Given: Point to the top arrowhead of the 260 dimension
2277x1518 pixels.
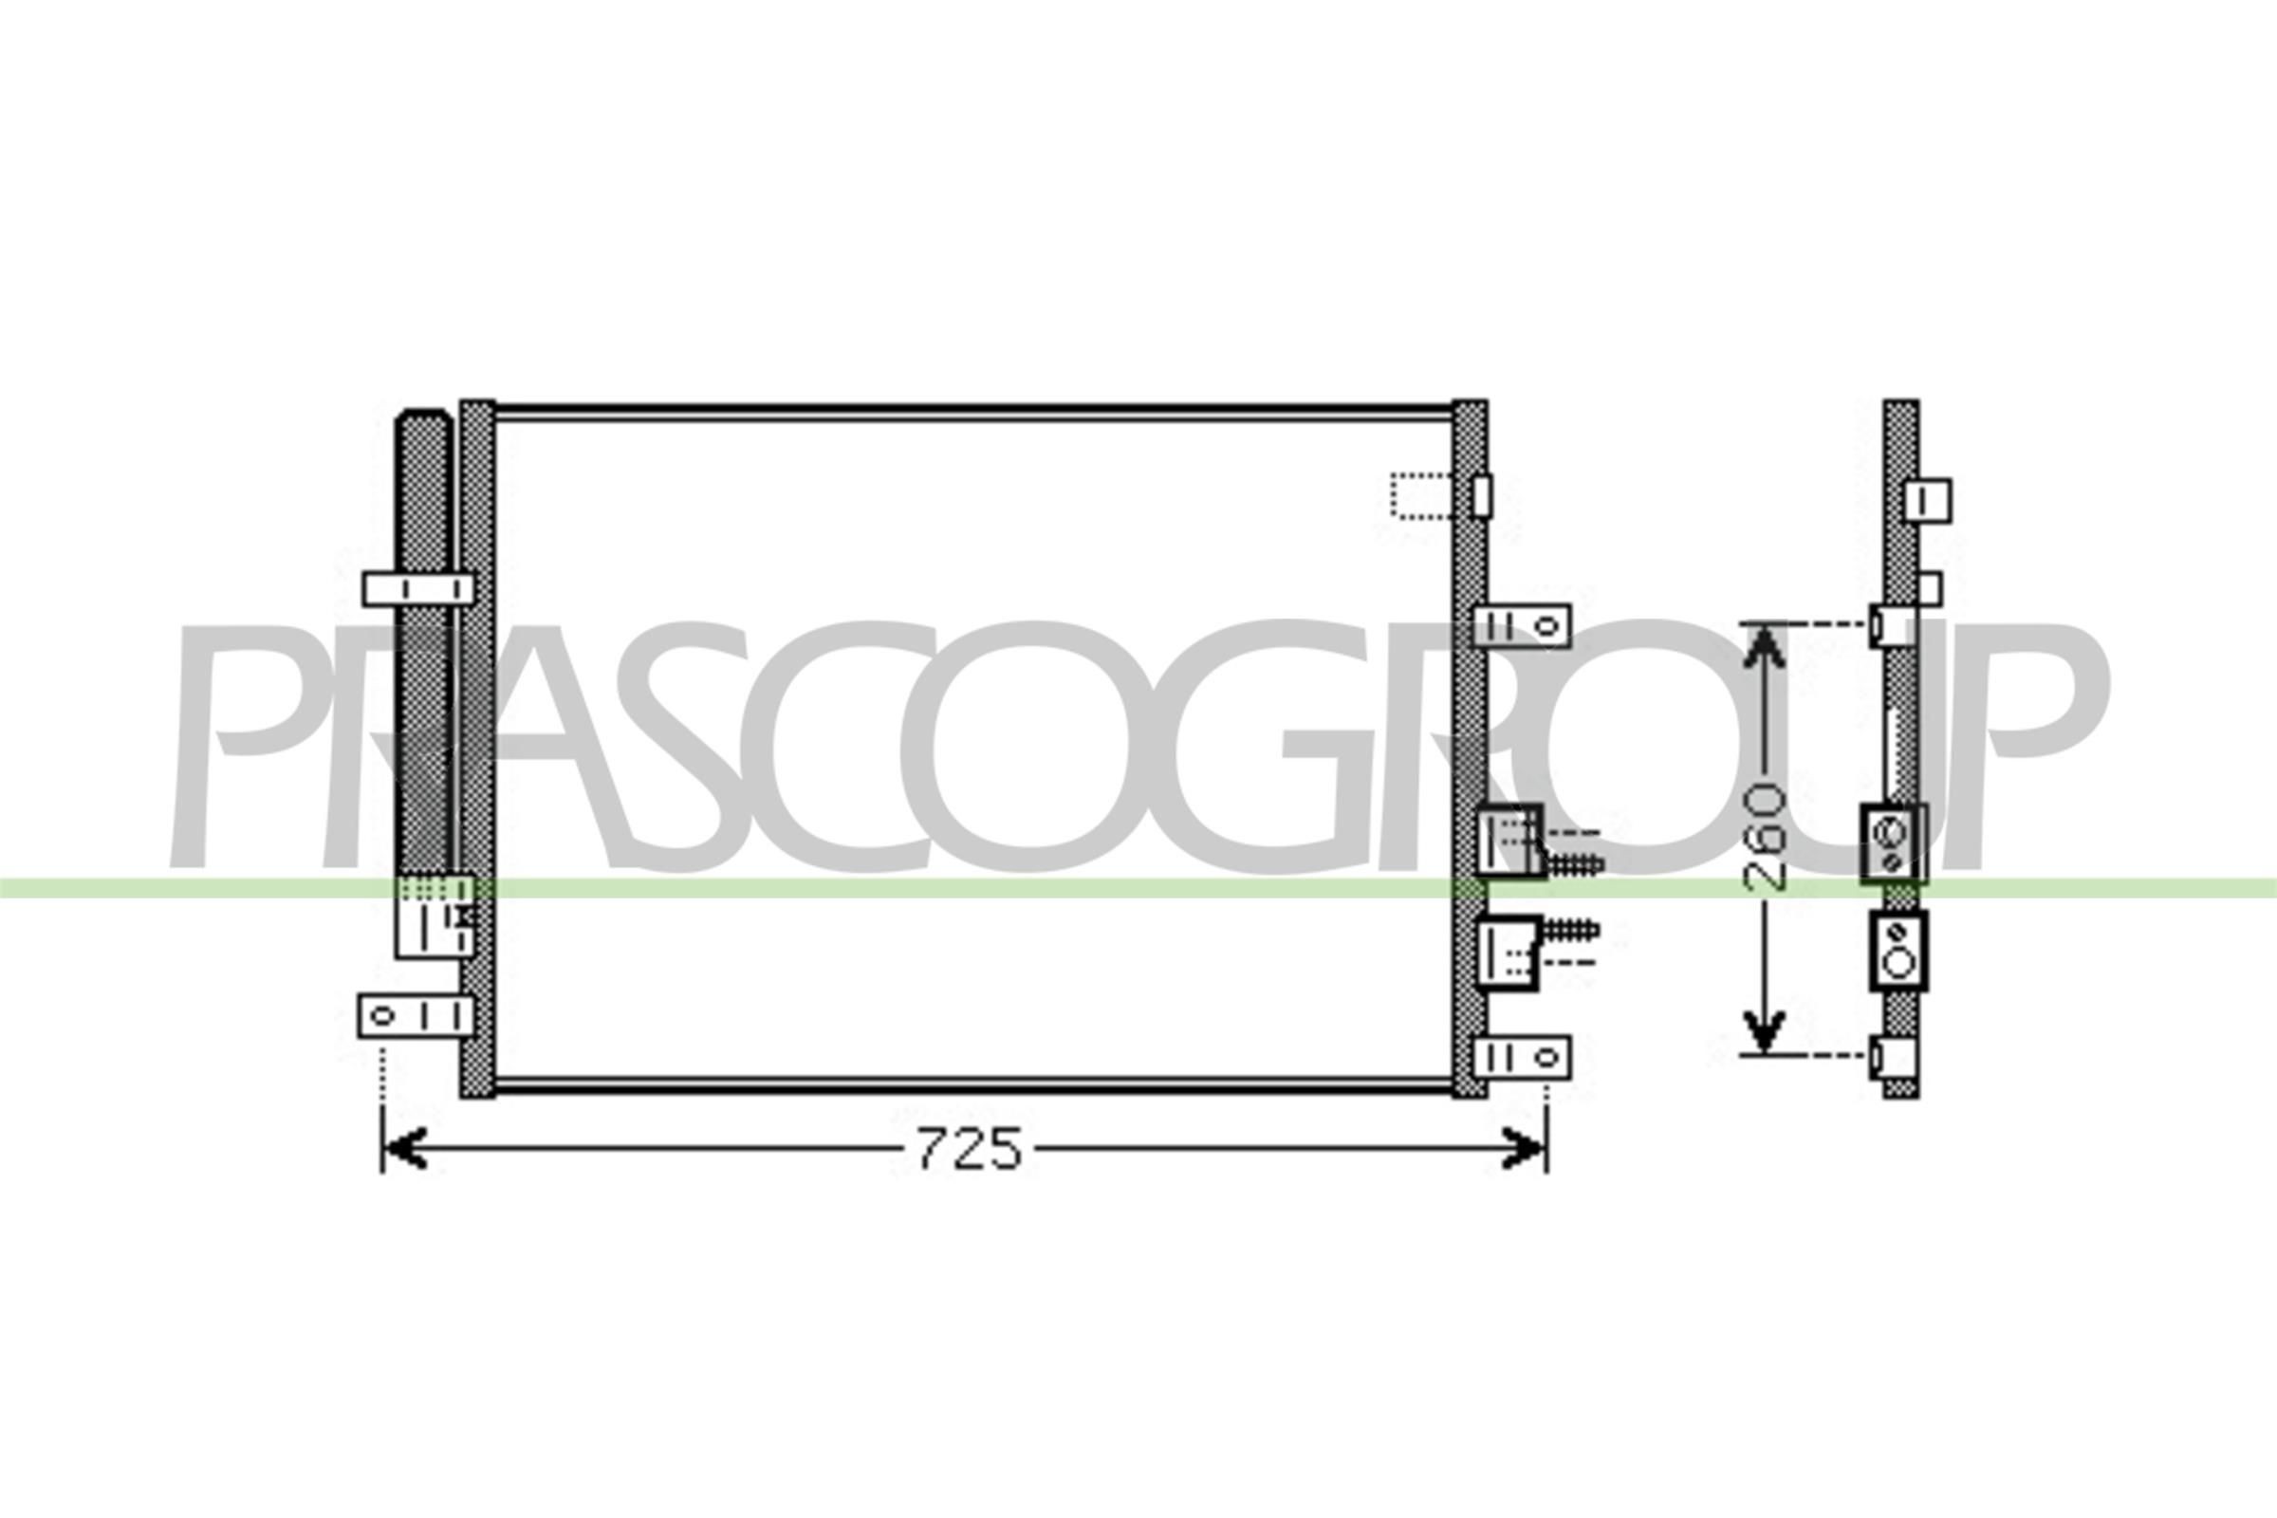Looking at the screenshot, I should tap(1764, 647).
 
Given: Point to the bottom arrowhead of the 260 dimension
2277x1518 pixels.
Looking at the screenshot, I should tap(1764, 1032).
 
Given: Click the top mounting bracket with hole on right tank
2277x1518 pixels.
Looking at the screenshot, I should tap(1522, 626).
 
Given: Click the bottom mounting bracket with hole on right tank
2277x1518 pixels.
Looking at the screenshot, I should tap(1522, 1057).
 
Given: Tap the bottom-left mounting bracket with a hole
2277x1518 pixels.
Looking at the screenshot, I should tap(415, 1016).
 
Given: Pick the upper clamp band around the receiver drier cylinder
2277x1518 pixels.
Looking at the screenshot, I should tap(418, 589).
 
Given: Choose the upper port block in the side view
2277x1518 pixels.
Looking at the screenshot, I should tap(1892, 844).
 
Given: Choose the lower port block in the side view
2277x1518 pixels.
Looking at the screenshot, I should tap(1897, 951).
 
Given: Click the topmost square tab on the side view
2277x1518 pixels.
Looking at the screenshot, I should tap(1928, 501).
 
